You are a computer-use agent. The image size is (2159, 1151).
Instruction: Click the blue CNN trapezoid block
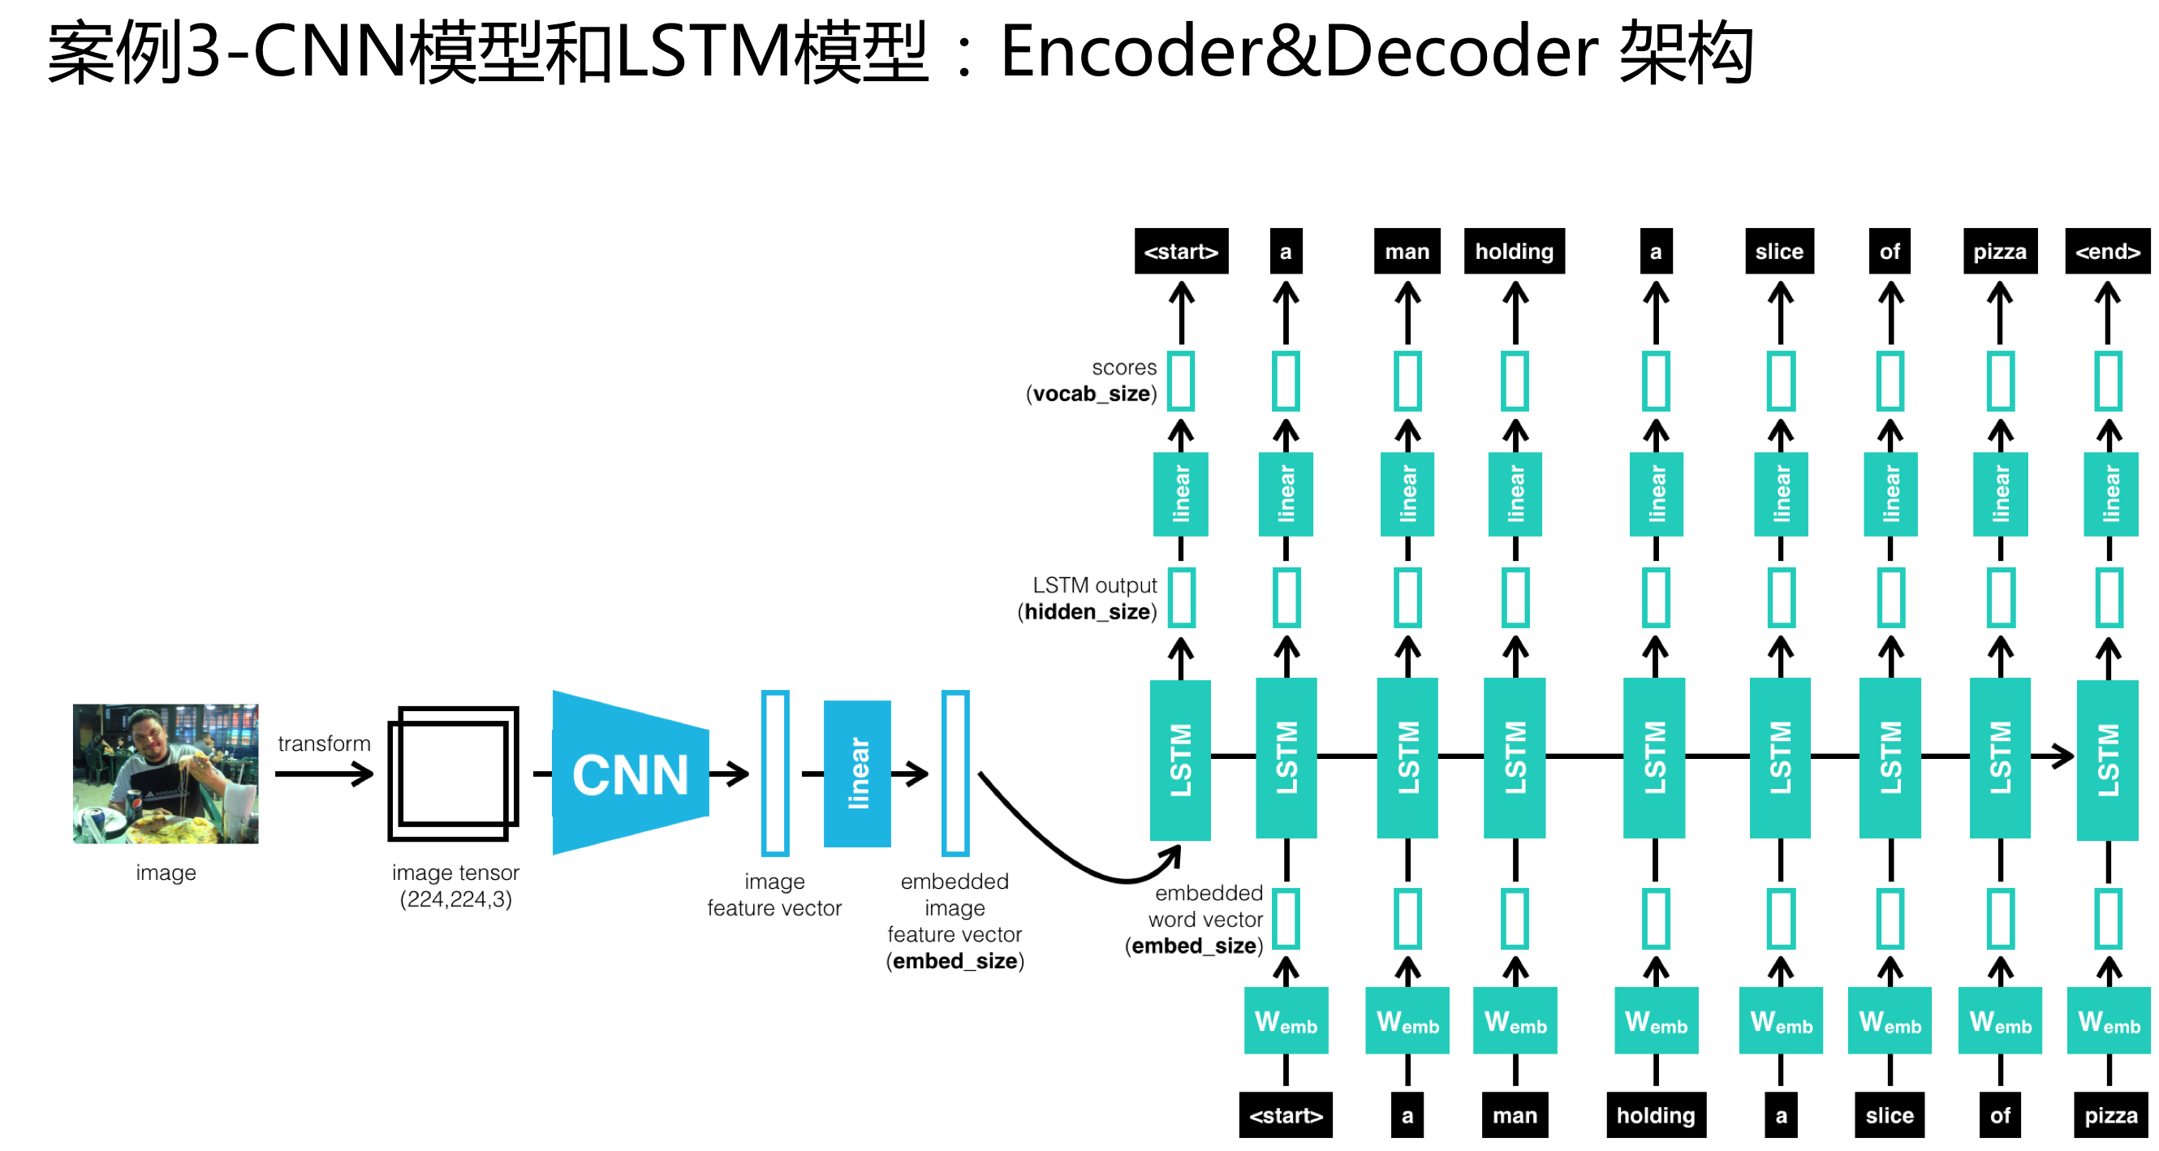(631, 773)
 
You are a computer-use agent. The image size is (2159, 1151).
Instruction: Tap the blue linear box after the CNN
(856, 773)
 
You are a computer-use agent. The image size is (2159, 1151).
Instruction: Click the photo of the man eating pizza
(166, 773)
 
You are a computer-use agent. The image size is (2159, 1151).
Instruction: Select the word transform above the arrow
(324, 744)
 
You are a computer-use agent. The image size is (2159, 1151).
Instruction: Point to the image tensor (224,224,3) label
(455, 886)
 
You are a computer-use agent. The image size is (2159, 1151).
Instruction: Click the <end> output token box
(2106, 252)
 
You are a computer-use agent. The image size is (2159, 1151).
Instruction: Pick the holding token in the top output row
(1514, 252)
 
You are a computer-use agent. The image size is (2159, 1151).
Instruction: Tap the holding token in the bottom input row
(1655, 1115)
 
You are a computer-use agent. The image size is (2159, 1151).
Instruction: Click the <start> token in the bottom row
(1285, 1115)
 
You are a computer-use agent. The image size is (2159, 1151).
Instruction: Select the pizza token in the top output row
(1999, 252)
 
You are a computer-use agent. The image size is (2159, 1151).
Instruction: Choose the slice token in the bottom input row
(1890, 1115)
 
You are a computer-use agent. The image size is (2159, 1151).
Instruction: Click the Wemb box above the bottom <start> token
(1285, 1021)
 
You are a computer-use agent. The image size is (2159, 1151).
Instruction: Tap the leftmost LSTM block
(1180, 759)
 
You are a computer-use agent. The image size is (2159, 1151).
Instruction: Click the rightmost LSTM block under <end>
(2107, 759)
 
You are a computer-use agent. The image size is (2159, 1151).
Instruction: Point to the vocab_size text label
(1091, 394)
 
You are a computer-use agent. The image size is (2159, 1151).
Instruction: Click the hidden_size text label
(1087, 612)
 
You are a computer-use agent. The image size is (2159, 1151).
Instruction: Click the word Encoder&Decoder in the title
(1299, 52)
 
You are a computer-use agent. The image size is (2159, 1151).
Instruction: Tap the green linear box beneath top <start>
(1180, 494)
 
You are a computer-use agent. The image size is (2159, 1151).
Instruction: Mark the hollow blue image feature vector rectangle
(774, 773)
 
